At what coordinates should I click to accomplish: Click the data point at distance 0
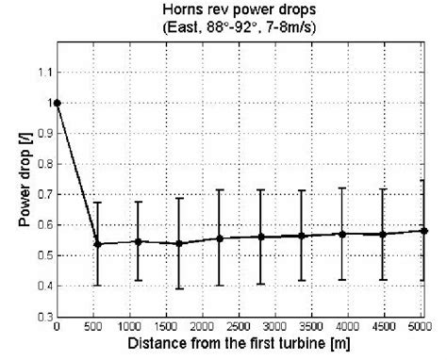58,103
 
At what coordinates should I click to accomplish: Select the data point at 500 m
98,243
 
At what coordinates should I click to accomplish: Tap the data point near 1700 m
179,243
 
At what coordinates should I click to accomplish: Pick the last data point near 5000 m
424,231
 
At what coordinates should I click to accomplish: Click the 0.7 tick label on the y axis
44,194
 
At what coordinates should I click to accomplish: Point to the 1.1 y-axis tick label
44,72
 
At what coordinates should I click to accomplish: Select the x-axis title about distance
240,344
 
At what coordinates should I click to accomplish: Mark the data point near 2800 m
261,237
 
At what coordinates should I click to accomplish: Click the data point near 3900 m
343,234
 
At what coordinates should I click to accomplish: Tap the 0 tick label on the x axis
58,327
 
